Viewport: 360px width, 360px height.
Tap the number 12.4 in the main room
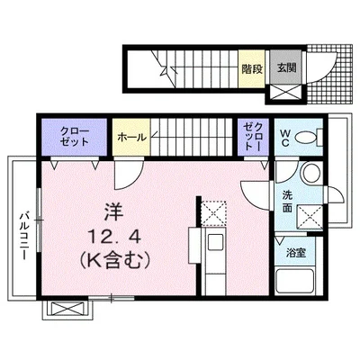pyautogui.click(x=109, y=238)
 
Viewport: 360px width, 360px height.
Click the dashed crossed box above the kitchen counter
pyautogui.click(x=214, y=212)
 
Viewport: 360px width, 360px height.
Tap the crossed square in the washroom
pyautogui.click(x=310, y=216)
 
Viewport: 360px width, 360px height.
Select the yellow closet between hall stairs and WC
pyautogui.click(x=253, y=136)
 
